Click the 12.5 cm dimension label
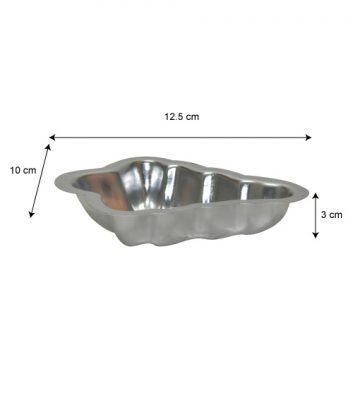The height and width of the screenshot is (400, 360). coord(182,117)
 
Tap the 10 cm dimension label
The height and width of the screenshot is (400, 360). coord(23,170)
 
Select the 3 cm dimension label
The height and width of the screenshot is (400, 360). coord(332,215)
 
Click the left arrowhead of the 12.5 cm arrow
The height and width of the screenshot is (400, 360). coord(52,137)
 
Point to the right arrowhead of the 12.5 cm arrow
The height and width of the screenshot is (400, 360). coord(309,137)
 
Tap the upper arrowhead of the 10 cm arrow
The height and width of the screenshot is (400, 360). coord(48,147)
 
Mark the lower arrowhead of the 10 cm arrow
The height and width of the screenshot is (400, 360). coord(31,214)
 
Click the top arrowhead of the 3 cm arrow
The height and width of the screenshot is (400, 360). coord(315,195)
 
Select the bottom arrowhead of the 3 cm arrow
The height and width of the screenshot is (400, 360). coord(315,235)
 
